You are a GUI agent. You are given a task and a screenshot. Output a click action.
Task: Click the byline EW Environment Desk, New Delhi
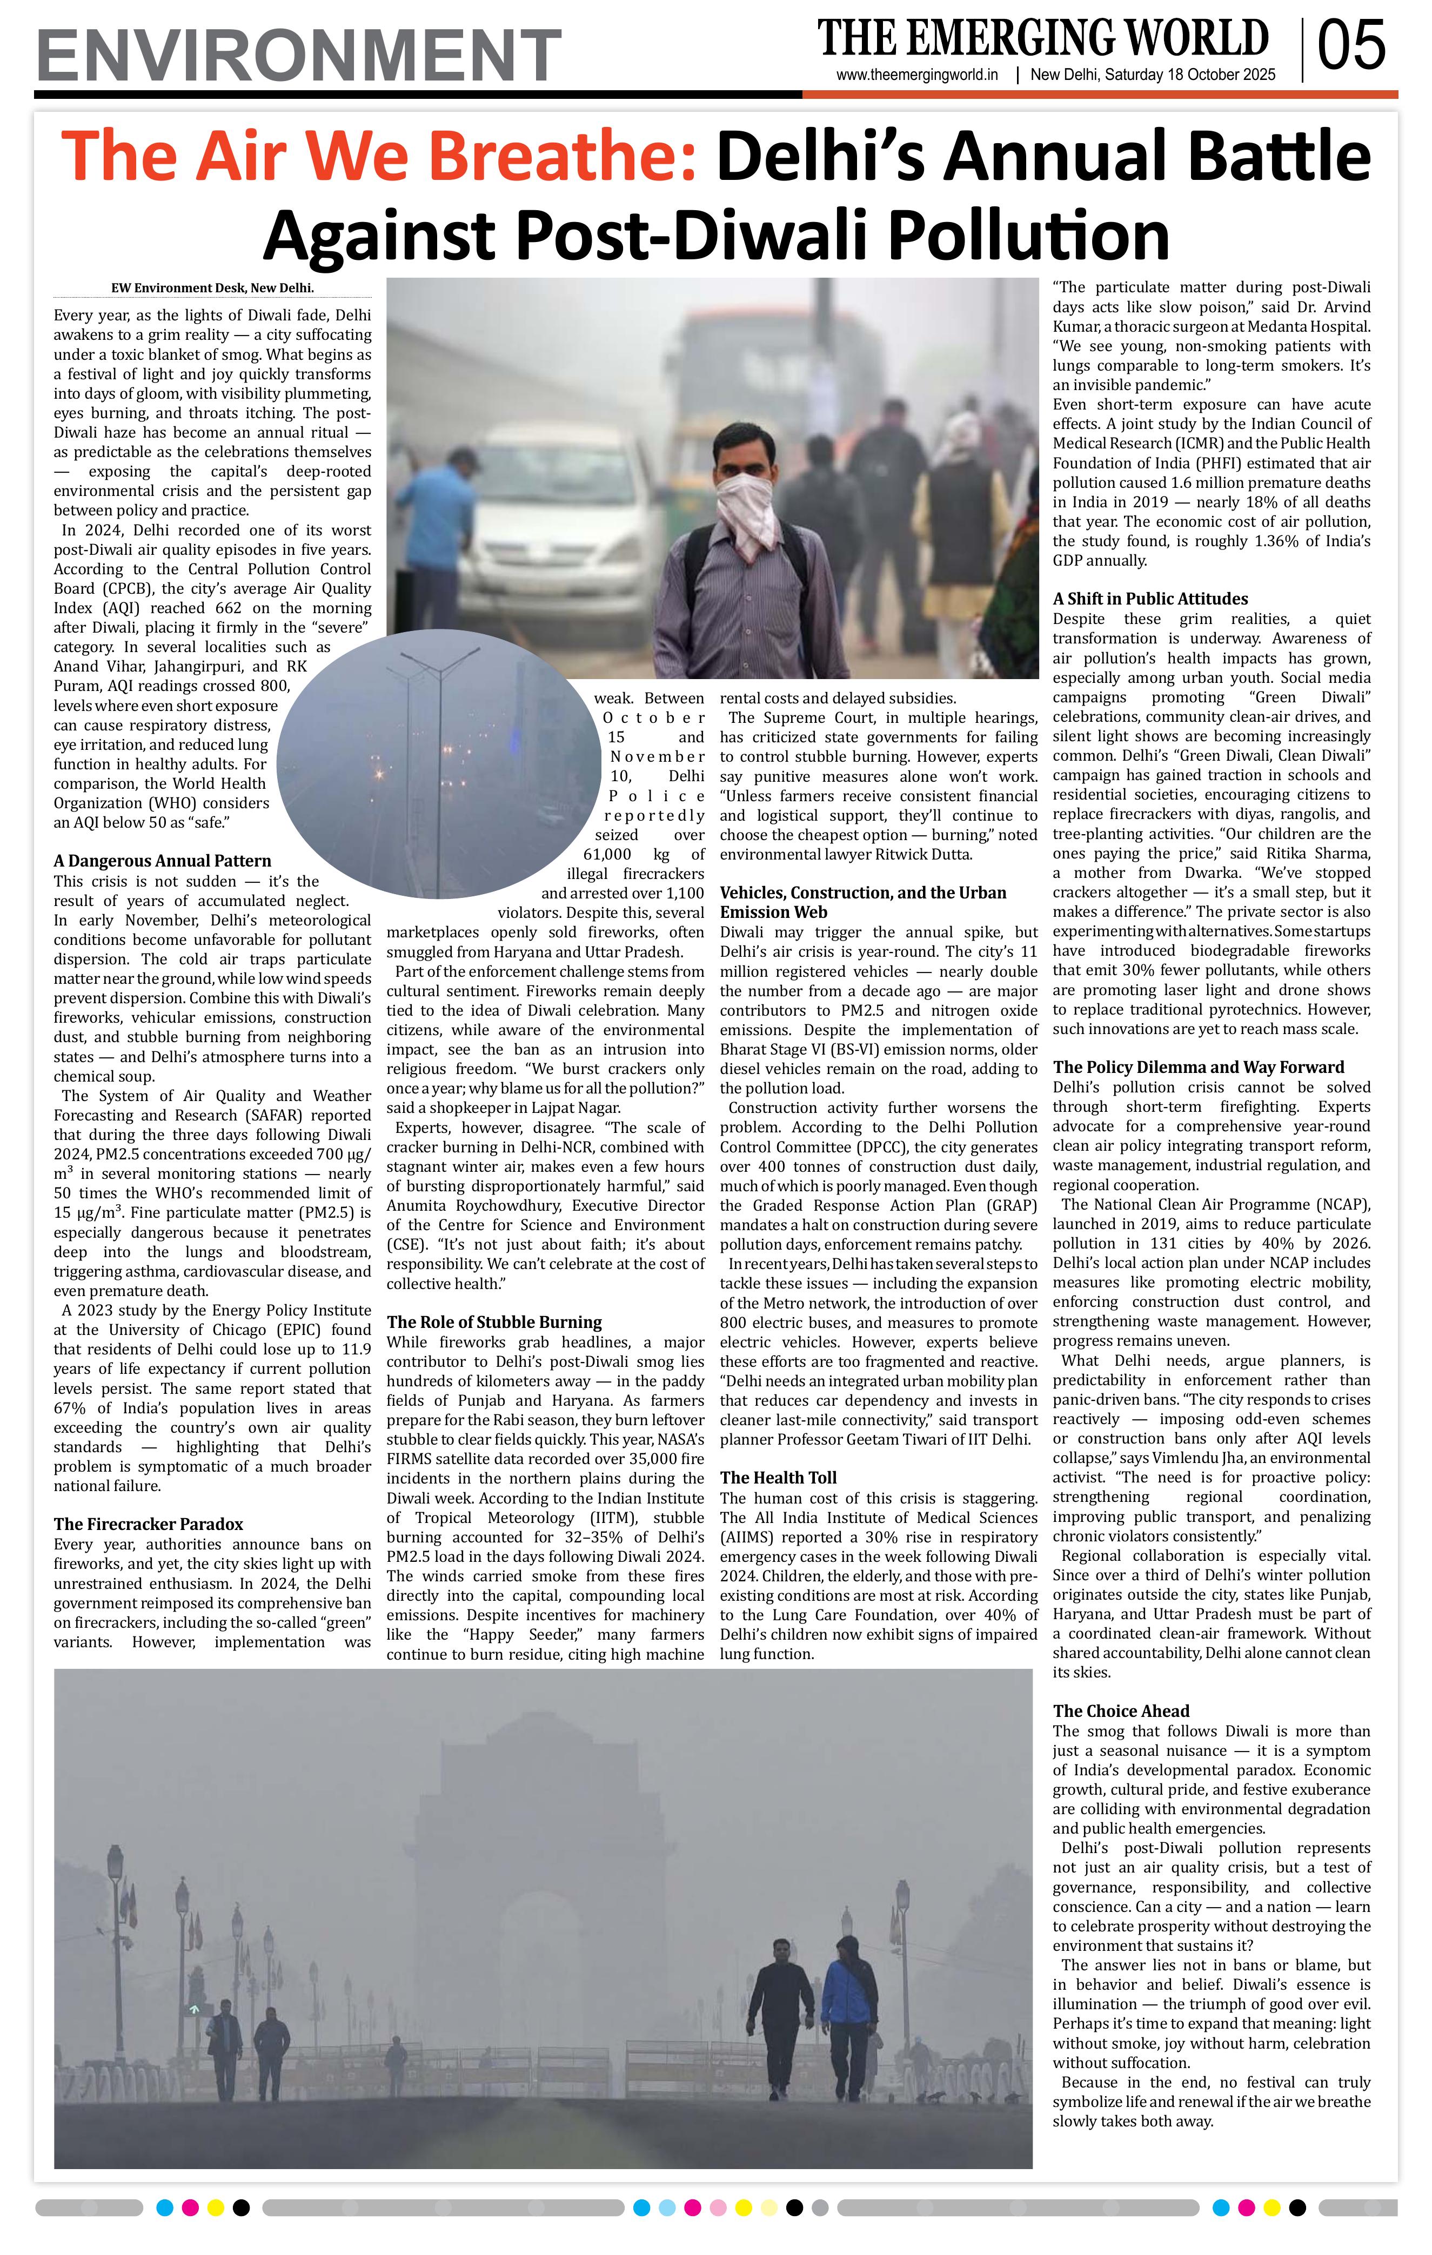pos(212,288)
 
